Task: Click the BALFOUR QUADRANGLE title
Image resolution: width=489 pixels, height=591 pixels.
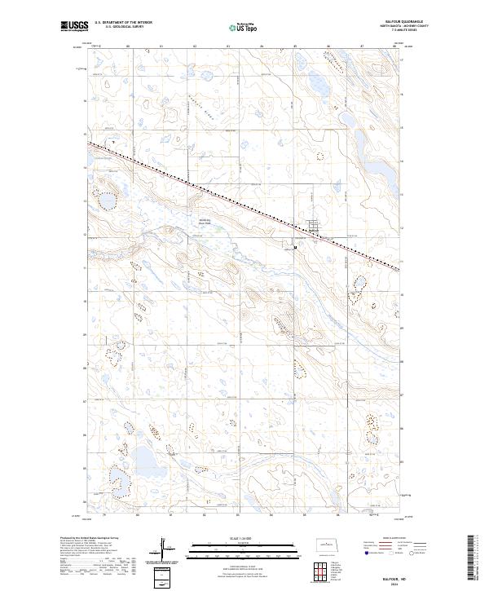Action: point(405,22)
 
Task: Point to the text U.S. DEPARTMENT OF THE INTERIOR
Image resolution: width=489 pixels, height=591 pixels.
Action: point(123,23)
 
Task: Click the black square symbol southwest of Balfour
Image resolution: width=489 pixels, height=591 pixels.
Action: point(294,245)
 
